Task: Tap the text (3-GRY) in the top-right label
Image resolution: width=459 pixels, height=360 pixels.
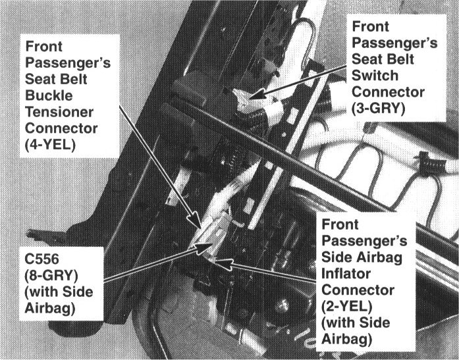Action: tap(377, 107)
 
